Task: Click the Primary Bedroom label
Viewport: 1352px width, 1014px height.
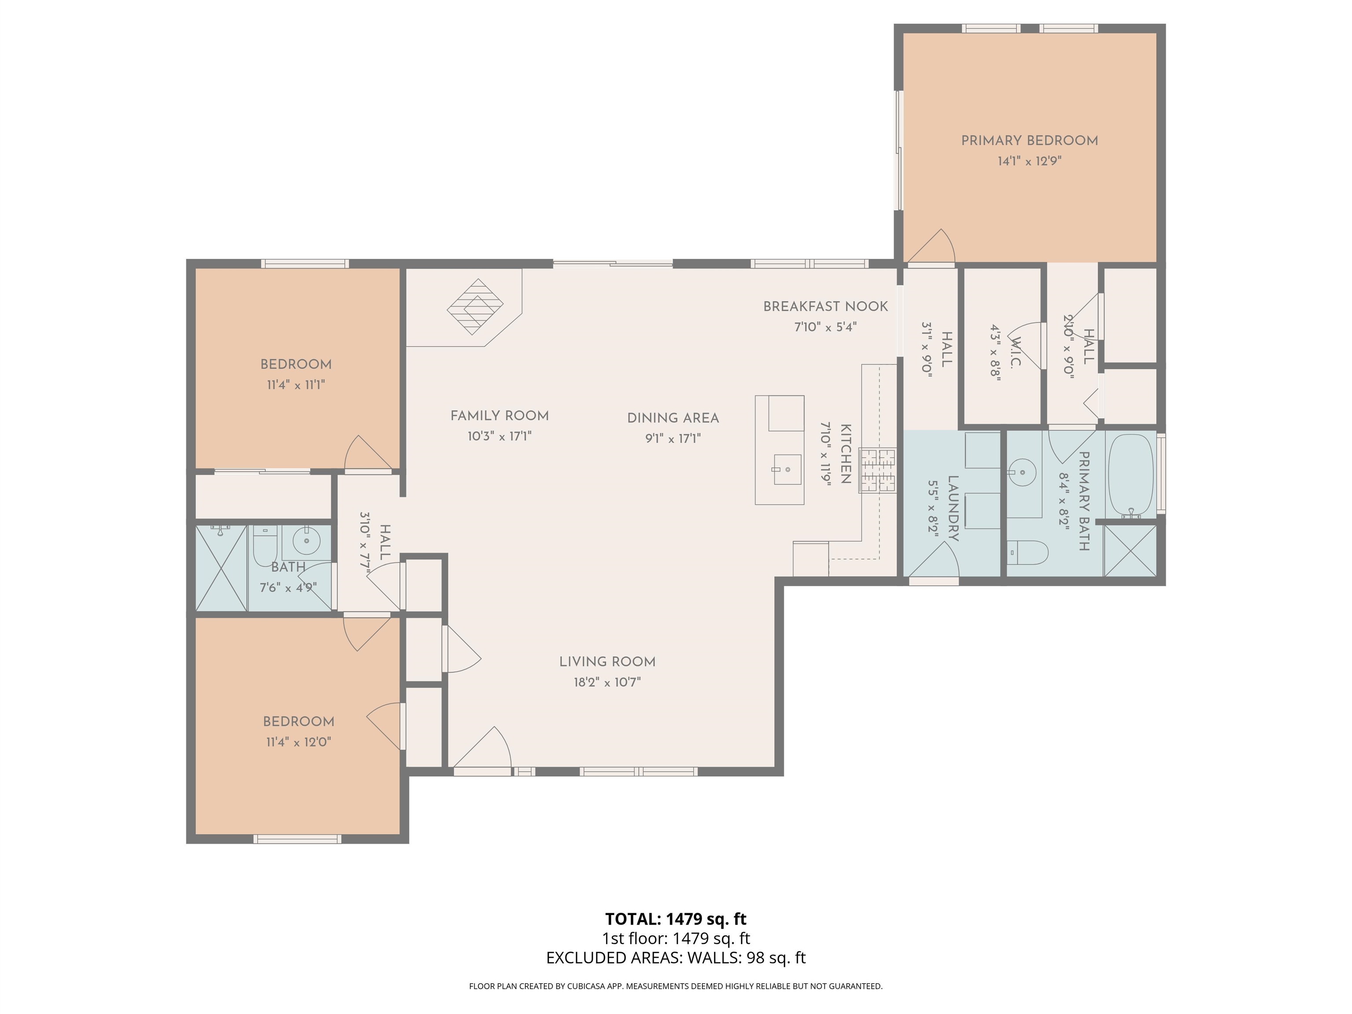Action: click(x=1029, y=140)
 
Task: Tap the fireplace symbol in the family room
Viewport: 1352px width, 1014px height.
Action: click(x=475, y=306)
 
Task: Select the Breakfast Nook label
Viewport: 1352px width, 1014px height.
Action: click(x=825, y=306)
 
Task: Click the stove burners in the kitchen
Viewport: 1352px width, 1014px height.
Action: click(x=878, y=470)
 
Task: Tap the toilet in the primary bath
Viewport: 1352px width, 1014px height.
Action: click(x=1027, y=552)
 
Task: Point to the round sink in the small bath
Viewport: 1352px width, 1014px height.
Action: click(x=306, y=540)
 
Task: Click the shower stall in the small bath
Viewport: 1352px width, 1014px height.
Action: click(x=220, y=568)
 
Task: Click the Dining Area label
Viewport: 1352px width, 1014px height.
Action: click(x=673, y=418)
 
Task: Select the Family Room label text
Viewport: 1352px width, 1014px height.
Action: click(x=500, y=415)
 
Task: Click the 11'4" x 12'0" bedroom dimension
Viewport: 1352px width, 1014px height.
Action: click(x=298, y=742)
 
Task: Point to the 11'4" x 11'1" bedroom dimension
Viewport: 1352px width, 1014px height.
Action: click(x=296, y=385)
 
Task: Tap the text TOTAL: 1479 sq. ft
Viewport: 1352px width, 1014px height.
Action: click(x=676, y=918)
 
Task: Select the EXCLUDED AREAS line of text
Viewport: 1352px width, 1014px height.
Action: click(x=676, y=958)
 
